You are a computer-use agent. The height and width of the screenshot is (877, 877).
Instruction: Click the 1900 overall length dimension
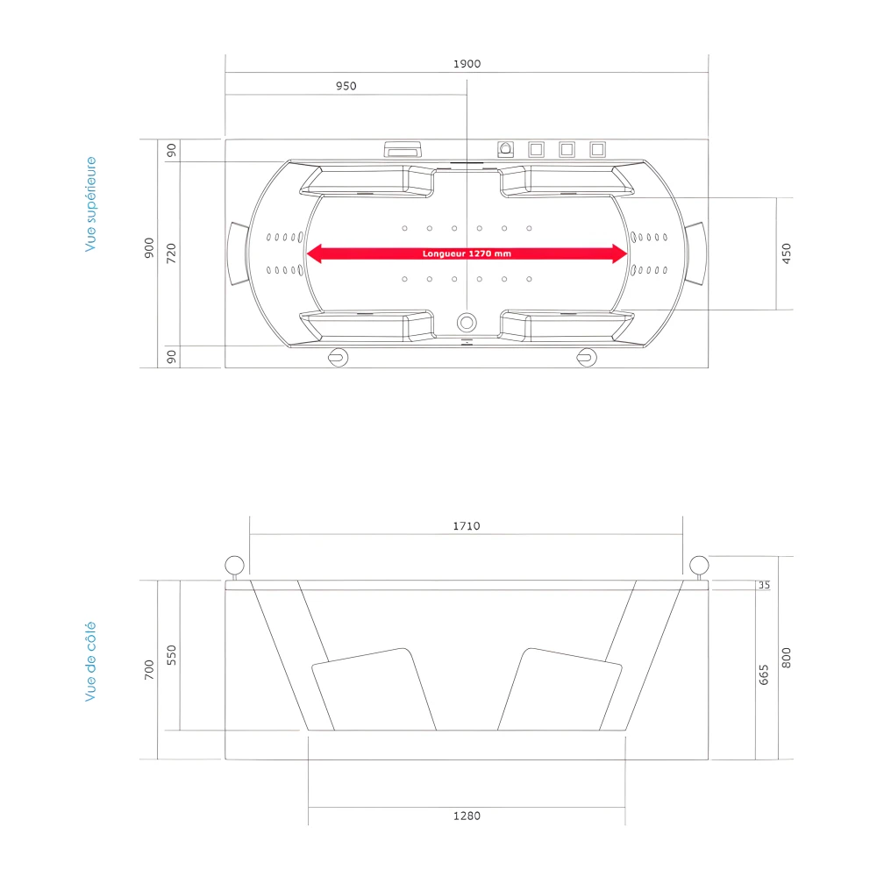[x=467, y=63]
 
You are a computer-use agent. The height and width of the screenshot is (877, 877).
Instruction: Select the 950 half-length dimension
[x=346, y=86]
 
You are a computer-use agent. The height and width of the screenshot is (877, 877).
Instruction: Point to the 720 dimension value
[x=172, y=253]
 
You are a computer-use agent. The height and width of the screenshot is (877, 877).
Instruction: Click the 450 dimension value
[x=786, y=253]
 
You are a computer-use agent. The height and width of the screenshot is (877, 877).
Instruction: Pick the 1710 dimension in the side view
[x=467, y=526]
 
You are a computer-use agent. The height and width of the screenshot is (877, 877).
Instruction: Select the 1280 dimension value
[x=467, y=816]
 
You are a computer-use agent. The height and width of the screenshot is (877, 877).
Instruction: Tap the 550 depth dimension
[x=172, y=655]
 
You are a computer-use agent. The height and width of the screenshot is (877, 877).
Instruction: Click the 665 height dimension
[x=764, y=674]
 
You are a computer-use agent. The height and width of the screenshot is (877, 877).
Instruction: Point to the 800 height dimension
[x=786, y=658]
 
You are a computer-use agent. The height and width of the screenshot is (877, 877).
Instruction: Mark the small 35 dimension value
[x=764, y=585]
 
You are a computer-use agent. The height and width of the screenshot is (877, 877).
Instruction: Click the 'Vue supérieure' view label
[x=90, y=204]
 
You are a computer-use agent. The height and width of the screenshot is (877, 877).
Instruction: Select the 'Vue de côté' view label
[x=90, y=661]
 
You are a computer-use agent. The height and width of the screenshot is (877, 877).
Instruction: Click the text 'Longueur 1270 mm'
[x=467, y=253]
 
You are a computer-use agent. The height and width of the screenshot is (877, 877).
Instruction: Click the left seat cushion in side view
[x=373, y=689]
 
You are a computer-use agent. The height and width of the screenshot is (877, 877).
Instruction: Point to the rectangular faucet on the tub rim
[x=403, y=149]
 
